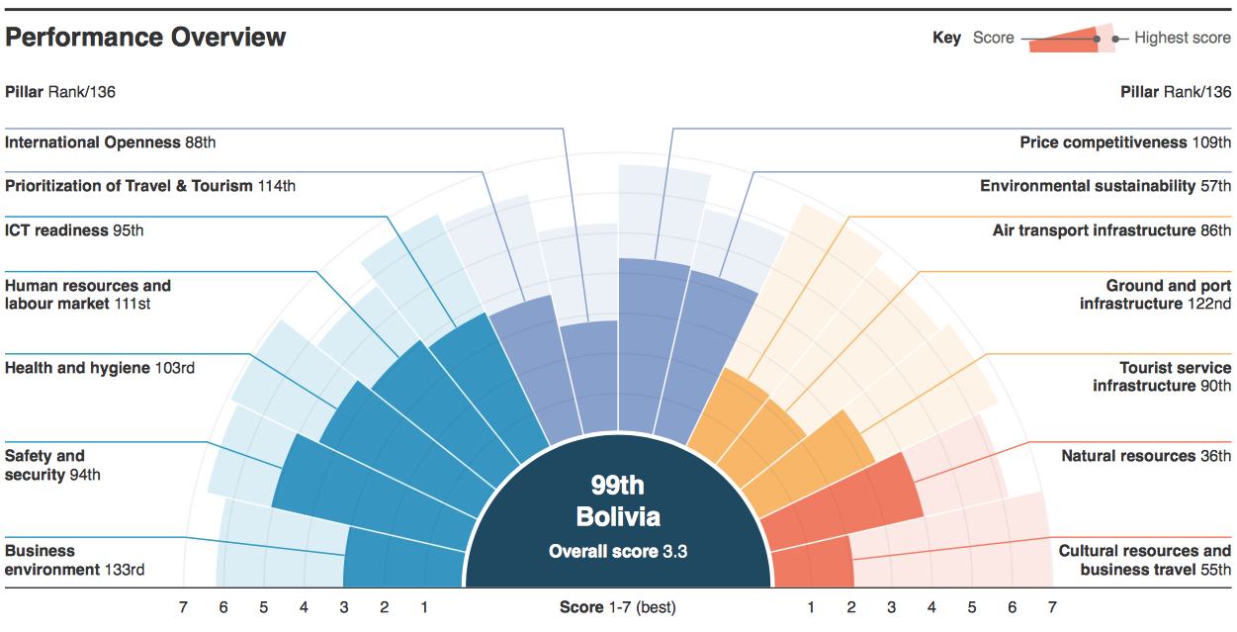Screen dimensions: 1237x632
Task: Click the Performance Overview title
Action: pos(145,38)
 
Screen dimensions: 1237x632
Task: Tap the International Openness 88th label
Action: pos(111,142)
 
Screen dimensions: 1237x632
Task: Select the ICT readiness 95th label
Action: pos(74,230)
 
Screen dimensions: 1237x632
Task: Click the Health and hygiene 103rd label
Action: pos(100,368)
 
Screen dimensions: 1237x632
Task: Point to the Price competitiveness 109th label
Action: pos(1125,142)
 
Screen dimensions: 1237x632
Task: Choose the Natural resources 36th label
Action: pos(1146,456)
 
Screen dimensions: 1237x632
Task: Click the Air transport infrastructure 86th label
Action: pos(1111,230)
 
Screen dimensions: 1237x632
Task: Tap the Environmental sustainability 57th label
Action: pos(1105,186)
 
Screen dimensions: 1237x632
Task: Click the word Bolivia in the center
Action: pos(618,517)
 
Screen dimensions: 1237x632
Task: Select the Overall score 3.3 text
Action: pos(618,551)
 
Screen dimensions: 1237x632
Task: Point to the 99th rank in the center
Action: pos(617,485)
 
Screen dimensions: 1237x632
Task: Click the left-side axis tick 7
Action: pos(183,607)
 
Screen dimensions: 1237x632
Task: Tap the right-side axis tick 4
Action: pos(931,607)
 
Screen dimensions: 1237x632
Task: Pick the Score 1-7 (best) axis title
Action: pos(617,607)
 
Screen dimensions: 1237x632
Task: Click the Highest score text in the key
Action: pos(1183,38)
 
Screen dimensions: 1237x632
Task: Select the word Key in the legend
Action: pos(946,38)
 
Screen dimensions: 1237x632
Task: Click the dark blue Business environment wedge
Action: pos(404,559)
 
